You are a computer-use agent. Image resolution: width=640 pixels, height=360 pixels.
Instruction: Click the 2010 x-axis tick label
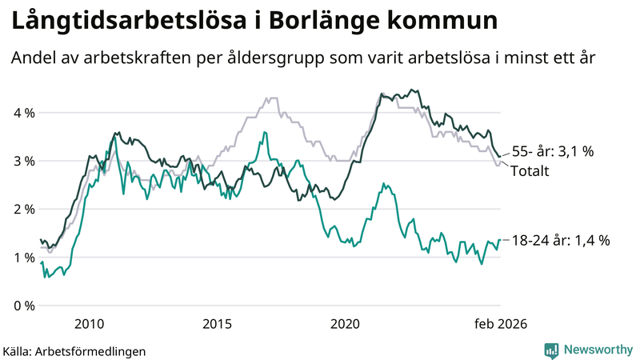[x=89, y=323]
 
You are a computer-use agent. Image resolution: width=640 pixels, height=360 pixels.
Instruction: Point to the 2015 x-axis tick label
[x=217, y=323]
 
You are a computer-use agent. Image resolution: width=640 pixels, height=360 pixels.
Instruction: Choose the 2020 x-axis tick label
[x=345, y=323]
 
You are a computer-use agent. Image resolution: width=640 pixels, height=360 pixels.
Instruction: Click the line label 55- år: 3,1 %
[x=552, y=151]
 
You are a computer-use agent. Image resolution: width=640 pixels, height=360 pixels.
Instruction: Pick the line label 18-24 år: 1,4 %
[x=560, y=240]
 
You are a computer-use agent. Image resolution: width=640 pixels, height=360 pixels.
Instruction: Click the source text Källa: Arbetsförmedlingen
[x=74, y=350]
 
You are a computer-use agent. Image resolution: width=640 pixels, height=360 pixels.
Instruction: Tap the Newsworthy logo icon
[x=551, y=350]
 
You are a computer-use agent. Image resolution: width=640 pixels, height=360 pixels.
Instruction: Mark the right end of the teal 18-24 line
[x=500, y=240]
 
